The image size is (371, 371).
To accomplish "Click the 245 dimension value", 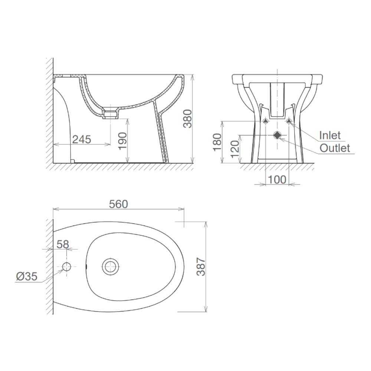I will [x=81, y=139].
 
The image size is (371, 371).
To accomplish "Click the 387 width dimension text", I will [x=201, y=267].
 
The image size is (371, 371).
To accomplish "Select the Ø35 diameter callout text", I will [x=26, y=276].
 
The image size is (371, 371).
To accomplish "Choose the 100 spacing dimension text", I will [x=277, y=180].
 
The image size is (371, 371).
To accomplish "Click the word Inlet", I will [x=330, y=135].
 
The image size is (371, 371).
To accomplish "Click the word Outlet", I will [x=335, y=148].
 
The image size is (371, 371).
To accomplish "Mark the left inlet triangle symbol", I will [x=265, y=122].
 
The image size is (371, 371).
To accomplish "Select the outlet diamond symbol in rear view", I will [x=277, y=135].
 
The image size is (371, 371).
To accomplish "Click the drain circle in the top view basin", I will [x=111, y=266].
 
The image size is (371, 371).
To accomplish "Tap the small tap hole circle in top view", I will [x=67, y=266].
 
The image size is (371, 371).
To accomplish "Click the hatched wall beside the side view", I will [x=49, y=111].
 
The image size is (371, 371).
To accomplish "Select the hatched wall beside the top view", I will [x=49, y=267].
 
